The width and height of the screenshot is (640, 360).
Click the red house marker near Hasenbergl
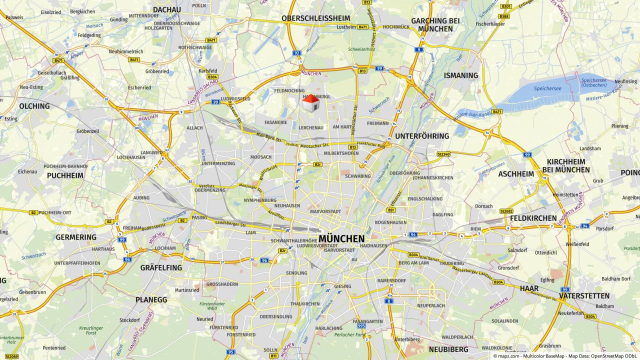pyautogui.click(x=311, y=103)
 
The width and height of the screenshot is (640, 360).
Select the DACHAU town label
pyautogui.click(x=167, y=9)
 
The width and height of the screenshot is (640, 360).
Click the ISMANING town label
pyautogui.click(x=461, y=75)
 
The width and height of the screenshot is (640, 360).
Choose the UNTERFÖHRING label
pyautogui.click(x=422, y=136)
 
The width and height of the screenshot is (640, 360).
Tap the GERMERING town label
pyautogui.click(x=76, y=237)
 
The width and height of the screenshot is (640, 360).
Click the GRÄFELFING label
pyautogui.click(x=161, y=267)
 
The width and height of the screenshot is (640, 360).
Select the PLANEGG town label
pyautogui.click(x=151, y=299)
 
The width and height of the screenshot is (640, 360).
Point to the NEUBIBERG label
pyautogui.click(x=448, y=349)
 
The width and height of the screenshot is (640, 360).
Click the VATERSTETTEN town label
pyautogui.click(x=584, y=295)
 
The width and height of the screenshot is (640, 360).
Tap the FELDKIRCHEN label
pyautogui.click(x=533, y=218)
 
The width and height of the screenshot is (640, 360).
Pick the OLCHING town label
pyautogui.click(x=34, y=106)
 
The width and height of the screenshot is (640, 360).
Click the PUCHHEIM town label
pyautogui.click(x=65, y=175)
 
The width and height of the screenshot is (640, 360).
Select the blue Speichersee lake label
pyautogui.click(x=547, y=88)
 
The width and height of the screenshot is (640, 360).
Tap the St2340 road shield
pyautogui.click(x=443, y=154)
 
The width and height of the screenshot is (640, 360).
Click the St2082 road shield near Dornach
pyautogui.click(x=506, y=211)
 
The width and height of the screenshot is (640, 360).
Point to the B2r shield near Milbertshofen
pyautogui.click(x=317, y=164)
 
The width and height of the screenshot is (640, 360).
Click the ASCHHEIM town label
pyautogui.click(x=516, y=174)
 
